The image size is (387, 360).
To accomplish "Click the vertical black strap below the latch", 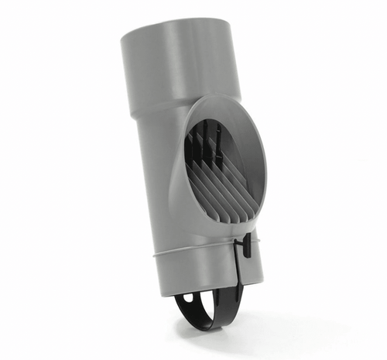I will (239, 279).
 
